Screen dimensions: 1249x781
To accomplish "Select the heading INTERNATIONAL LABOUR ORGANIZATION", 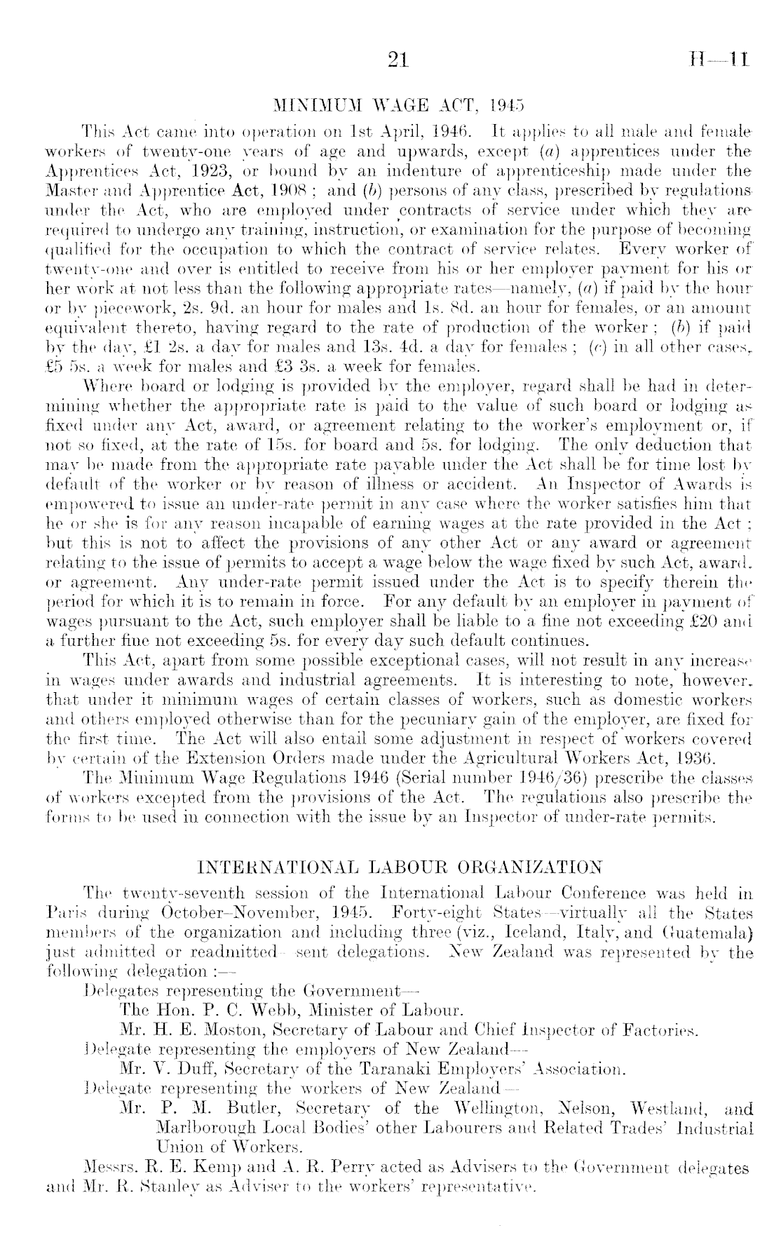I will click(x=400, y=866).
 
